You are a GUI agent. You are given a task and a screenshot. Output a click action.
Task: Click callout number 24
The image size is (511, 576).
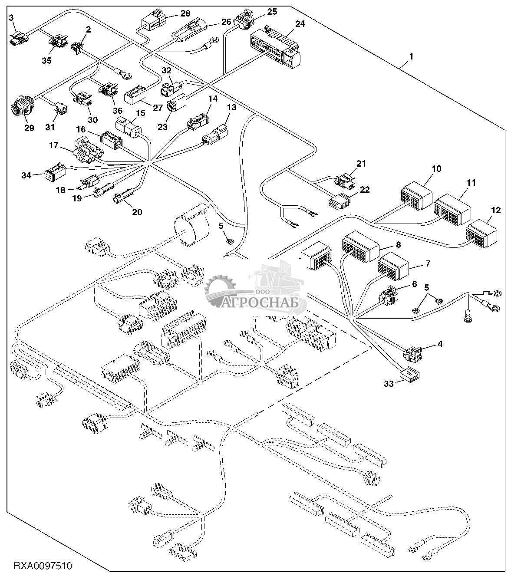[300, 24]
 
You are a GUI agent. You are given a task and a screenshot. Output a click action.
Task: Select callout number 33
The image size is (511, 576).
[388, 384]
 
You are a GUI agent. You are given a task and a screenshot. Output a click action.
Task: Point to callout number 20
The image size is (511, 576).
[137, 212]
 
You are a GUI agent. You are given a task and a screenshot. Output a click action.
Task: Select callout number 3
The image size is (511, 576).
[11, 16]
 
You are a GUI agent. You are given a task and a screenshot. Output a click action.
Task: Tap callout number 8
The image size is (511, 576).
[398, 244]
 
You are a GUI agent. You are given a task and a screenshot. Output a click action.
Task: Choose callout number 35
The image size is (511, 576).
[46, 60]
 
